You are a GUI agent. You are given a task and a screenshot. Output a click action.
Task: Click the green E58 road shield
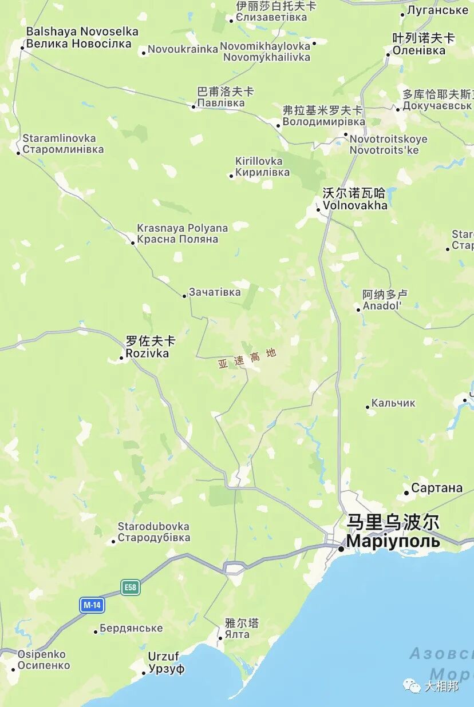131,587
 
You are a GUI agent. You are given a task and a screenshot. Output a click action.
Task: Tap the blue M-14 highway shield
92,605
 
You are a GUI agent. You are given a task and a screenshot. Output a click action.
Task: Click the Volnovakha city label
355,205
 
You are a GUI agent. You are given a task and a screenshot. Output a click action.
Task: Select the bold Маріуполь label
393,541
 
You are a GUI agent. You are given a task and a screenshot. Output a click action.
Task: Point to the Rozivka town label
147,353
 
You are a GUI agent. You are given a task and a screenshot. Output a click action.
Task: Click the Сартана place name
437,488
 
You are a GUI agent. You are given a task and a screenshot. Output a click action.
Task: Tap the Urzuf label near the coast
164,656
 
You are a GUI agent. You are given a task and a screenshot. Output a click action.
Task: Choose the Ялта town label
237,634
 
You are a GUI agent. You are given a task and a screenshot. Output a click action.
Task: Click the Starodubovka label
153,526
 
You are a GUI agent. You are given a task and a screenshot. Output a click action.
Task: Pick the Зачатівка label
215,292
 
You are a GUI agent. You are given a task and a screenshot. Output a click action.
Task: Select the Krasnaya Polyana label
182,228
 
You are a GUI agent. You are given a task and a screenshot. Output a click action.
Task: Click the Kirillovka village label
259,161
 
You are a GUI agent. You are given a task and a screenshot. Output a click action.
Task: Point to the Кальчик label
393,403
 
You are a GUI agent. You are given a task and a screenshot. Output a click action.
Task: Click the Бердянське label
131,628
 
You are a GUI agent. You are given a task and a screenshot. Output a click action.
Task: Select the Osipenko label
42,654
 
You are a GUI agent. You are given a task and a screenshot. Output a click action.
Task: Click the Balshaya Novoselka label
82,31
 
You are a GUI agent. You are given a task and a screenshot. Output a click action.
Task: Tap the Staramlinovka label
59,138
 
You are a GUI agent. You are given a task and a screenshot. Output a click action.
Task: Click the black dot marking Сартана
406,492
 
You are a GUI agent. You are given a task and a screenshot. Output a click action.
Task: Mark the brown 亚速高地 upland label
247,359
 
